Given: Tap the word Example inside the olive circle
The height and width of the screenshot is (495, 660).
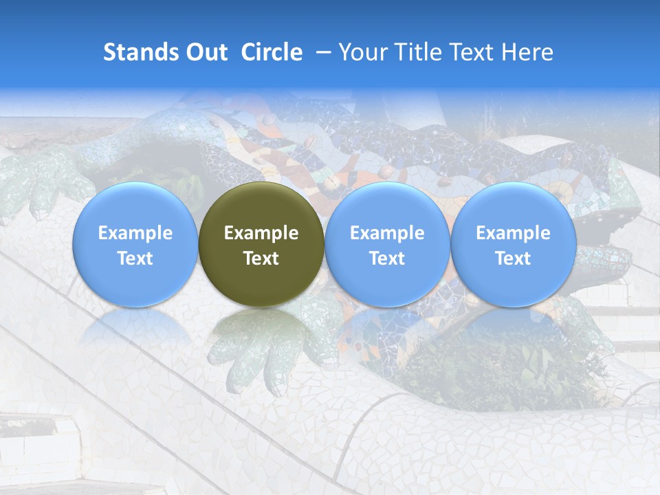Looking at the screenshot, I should [261, 233].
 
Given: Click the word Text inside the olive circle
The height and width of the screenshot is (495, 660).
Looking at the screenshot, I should [261, 258].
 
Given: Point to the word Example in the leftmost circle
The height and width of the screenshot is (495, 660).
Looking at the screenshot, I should [135, 233].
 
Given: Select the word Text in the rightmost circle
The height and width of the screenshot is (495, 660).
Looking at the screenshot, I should [513, 258].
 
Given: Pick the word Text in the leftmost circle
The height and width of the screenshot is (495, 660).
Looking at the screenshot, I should [135, 258].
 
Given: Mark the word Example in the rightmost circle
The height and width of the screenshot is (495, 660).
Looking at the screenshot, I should [513, 233].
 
